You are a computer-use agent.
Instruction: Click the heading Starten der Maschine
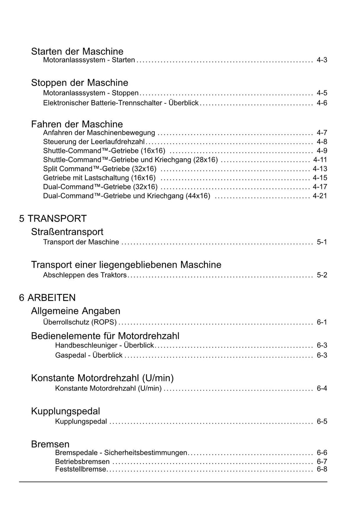pyautogui.click(x=77, y=51)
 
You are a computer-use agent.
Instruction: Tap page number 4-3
pyautogui.click(x=322, y=60)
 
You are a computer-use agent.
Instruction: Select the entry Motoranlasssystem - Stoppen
pyautogui.click(x=91, y=93)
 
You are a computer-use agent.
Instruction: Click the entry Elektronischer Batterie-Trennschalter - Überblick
pyautogui.click(x=121, y=103)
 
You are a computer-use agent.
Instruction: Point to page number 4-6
pyautogui.click(x=322, y=103)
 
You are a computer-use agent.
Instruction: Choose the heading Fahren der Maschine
pyautogui.click(x=77, y=124)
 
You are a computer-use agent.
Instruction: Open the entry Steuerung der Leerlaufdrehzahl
pyautogui.click(x=94, y=142)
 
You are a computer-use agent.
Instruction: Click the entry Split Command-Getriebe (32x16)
pyautogui.click(x=99, y=169)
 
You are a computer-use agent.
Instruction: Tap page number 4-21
pyautogui.click(x=320, y=196)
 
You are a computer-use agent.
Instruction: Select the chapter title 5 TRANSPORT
pyautogui.click(x=53, y=218)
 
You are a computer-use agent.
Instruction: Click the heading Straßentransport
pyautogui.click(x=67, y=232)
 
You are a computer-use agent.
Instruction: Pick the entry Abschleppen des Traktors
pyautogui.click(x=85, y=275)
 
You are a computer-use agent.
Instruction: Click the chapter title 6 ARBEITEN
pyautogui.click(x=47, y=298)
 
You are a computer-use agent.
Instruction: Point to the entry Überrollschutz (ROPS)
pyautogui.click(x=80, y=322)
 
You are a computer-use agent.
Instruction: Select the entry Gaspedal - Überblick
pyautogui.click(x=89, y=355)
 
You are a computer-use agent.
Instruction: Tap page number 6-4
pyautogui.click(x=322, y=388)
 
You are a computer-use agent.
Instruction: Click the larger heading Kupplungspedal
pyautogui.click(x=65, y=411)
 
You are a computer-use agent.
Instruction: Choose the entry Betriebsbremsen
pyautogui.click(x=82, y=462)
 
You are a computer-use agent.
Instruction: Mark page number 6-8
pyautogui.click(x=322, y=469)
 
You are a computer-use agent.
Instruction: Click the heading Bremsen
pyautogui.click(x=50, y=444)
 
